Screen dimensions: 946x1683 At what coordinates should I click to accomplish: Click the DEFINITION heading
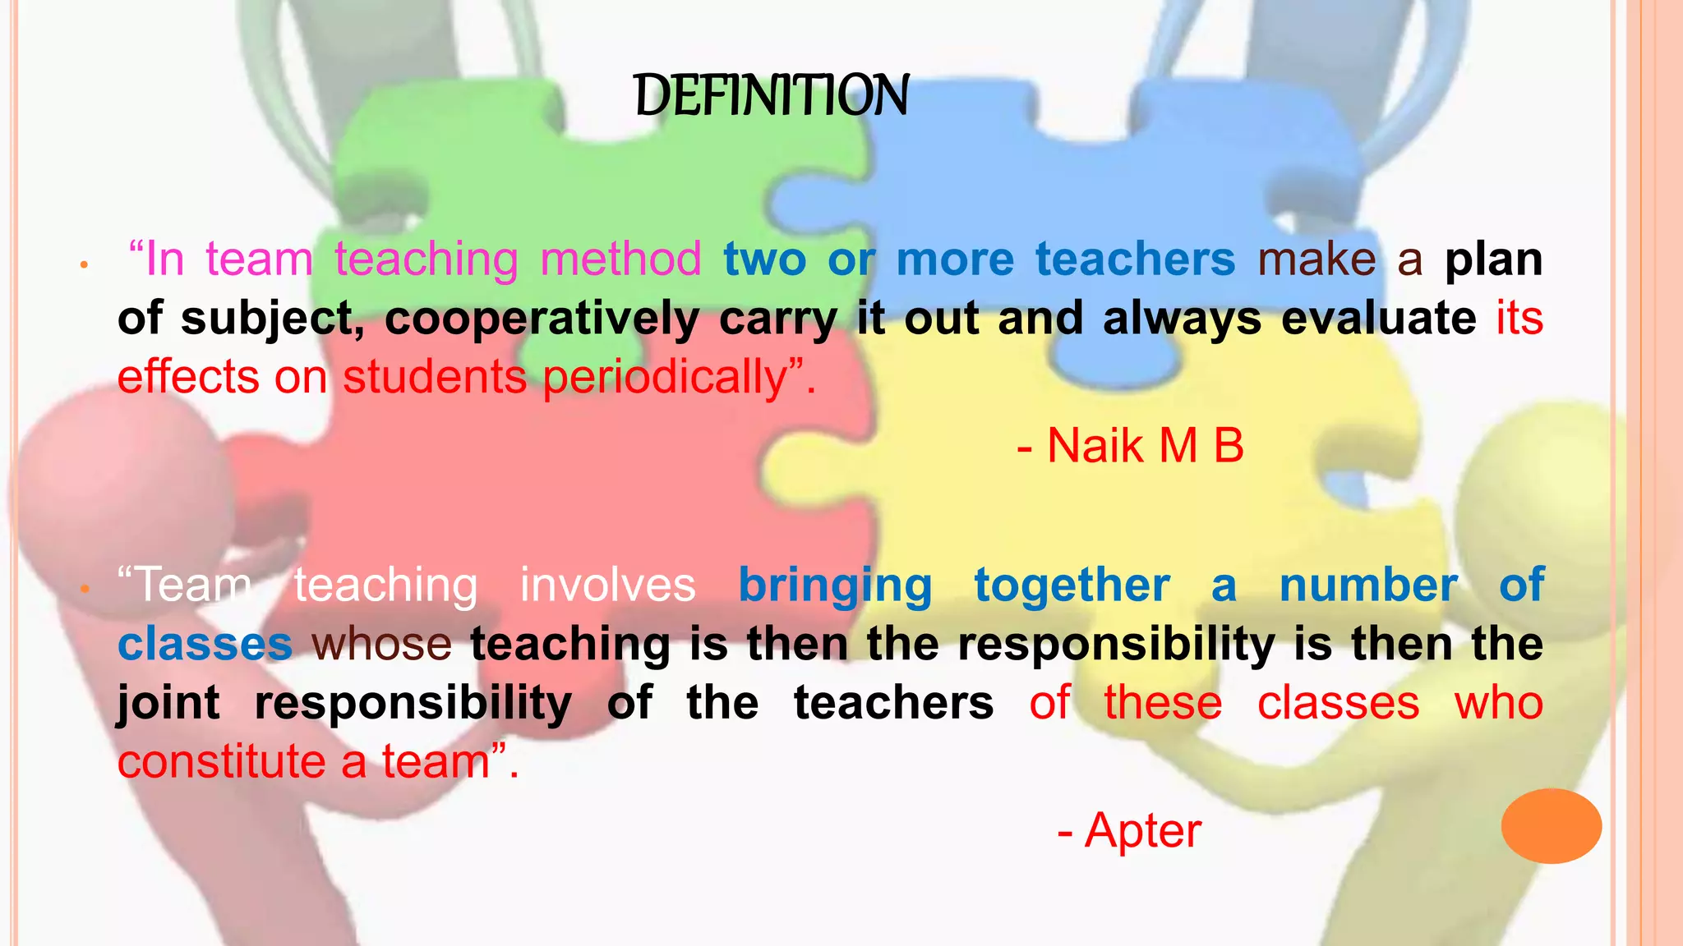772,95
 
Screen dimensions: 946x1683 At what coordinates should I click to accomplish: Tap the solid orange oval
1551,825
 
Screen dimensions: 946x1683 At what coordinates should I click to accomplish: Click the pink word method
620,259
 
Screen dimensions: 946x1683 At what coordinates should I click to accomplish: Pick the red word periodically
666,378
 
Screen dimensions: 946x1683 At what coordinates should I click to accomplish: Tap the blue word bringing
835,586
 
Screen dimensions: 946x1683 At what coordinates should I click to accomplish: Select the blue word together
1072,586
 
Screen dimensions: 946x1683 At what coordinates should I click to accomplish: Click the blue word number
1368,586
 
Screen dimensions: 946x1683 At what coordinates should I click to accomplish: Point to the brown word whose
382,644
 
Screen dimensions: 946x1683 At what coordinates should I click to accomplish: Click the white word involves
607,586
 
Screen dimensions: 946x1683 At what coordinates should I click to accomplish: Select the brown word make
1316,259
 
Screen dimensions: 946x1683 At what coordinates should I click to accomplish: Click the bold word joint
168,703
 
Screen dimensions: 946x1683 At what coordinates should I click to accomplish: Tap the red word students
434,378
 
